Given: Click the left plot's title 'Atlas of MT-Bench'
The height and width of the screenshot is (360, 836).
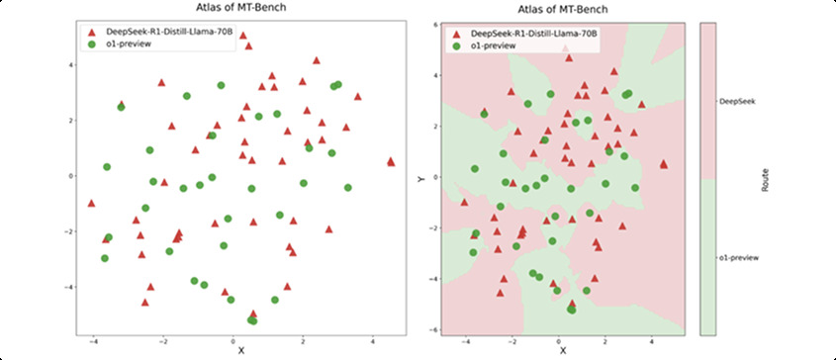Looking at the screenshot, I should coord(239,10).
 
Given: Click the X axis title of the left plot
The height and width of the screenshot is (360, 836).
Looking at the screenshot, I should coord(239,350).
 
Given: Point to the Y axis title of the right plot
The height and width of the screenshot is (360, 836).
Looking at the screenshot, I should coord(421,178).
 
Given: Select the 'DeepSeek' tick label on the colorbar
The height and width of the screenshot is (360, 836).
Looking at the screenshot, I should coord(738,100).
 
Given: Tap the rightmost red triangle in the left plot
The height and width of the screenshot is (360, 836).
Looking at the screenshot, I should coord(392,160).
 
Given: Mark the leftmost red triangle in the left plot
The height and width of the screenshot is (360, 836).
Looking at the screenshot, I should coord(91,203).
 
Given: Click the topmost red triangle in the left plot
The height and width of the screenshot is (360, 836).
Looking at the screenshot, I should coord(243,37).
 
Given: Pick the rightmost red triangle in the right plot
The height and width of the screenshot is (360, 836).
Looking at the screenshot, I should coord(663,164).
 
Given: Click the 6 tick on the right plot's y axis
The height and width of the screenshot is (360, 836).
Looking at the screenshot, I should coord(435,24).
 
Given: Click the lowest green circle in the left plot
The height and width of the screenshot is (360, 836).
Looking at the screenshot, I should coord(252,320).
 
